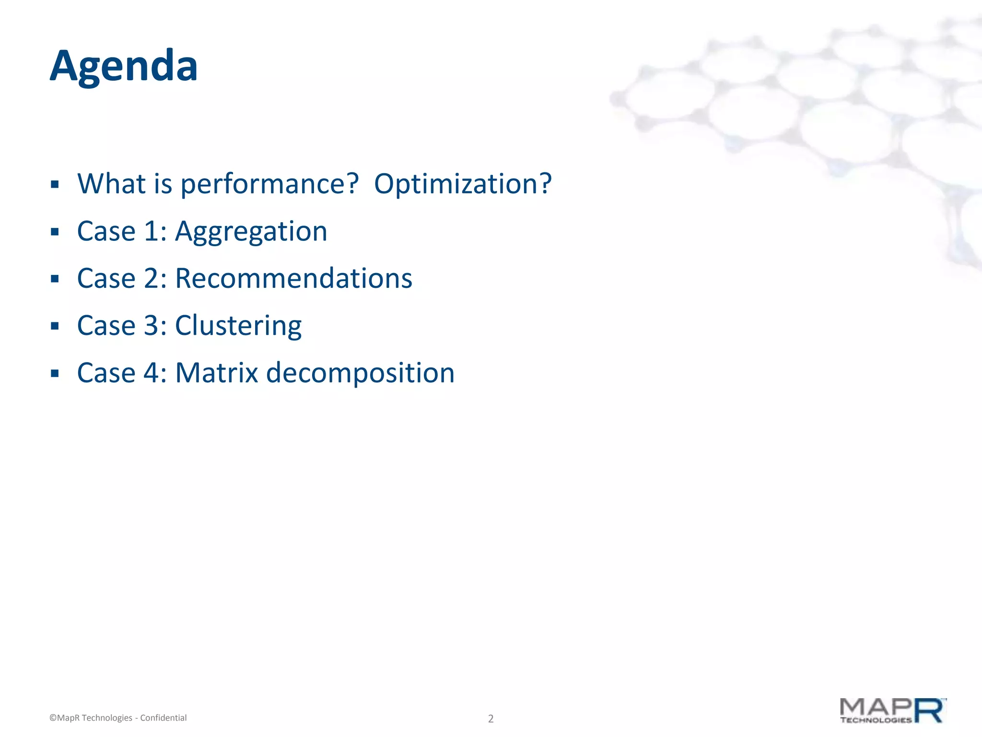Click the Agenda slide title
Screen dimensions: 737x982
(124, 66)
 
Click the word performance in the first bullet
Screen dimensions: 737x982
(269, 184)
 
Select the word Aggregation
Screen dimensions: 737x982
(251, 232)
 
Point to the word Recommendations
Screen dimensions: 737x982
(293, 278)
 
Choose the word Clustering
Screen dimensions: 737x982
(238, 326)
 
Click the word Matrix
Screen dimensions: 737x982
(217, 373)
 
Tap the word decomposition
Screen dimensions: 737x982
(360, 373)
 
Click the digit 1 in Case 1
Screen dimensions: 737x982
(151, 231)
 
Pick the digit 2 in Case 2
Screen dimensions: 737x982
(151, 278)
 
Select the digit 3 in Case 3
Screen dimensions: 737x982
(151, 325)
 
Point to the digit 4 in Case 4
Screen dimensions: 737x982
(151, 373)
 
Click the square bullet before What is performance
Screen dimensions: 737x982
(55, 184)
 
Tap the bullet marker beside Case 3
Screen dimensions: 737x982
(55, 326)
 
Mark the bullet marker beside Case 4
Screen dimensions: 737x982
(55, 373)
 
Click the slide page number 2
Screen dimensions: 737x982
(491, 718)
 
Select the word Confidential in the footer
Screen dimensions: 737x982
(163, 718)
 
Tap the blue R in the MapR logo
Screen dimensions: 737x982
(929, 711)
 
